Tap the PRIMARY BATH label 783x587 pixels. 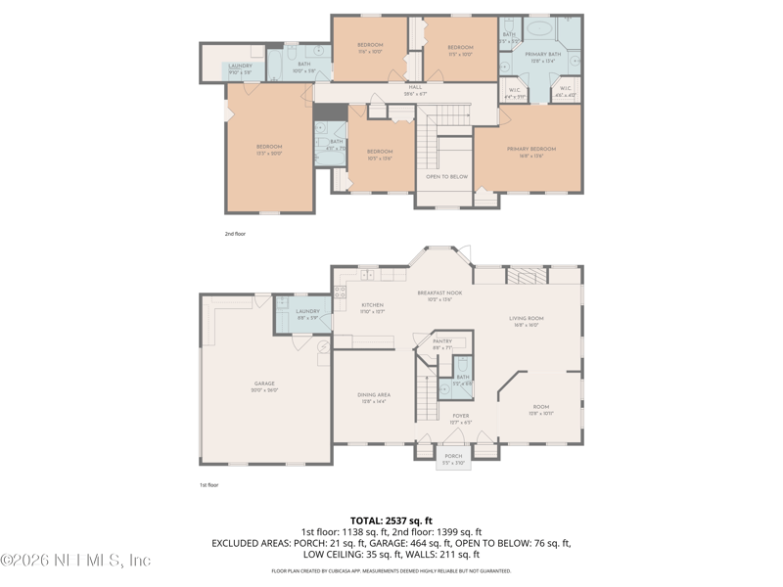(x=541, y=55)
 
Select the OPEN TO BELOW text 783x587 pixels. (x=446, y=177)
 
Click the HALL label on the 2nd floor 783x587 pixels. (x=415, y=87)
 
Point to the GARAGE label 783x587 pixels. (x=264, y=384)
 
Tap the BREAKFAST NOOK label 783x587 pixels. (x=439, y=293)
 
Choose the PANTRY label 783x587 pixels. (x=442, y=341)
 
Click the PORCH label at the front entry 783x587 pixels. (x=453, y=456)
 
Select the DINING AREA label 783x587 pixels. (x=374, y=395)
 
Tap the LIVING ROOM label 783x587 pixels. (x=526, y=318)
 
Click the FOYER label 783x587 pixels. (x=460, y=416)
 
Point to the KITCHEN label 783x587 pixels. (x=374, y=305)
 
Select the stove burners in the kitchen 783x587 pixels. (x=341, y=291)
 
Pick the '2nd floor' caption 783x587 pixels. (x=236, y=235)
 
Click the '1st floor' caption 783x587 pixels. (x=209, y=485)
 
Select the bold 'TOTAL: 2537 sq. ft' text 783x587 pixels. (x=391, y=520)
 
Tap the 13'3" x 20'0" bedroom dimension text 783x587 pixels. (x=269, y=154)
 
